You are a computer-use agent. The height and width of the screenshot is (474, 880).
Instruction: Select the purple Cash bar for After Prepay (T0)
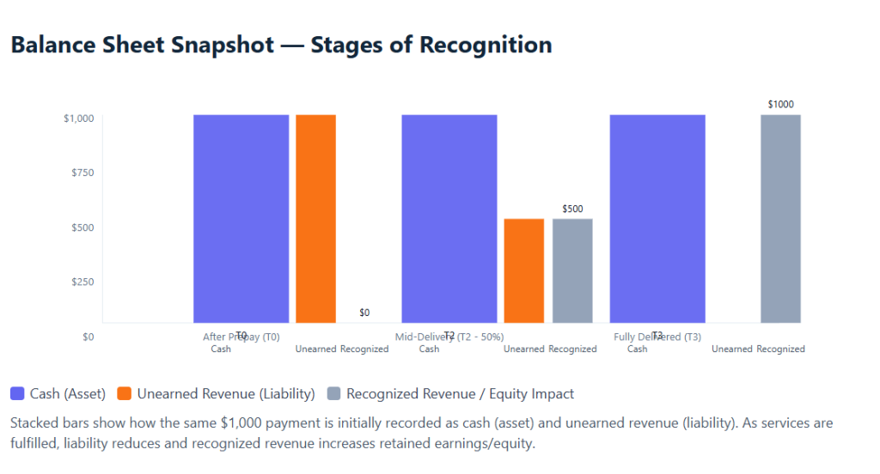tap(241, 218)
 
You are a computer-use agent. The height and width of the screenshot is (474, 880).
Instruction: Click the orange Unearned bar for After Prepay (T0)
tap(315, 218)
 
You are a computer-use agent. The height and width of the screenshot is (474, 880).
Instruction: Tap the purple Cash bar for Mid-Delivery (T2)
tap(449, 218)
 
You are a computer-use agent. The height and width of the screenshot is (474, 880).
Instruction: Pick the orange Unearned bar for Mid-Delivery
tap(523, 270)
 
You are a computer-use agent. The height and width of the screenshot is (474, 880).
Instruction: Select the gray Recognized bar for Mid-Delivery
tap(572, 270)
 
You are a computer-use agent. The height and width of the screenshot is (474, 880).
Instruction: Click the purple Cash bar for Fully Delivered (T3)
tap(657, 218)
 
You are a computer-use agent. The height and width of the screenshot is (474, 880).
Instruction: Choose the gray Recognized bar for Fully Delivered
tap(780, 218)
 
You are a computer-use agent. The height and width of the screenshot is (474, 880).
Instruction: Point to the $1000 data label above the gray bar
tap(780, 104)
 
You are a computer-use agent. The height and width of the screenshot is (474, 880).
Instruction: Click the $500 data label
tap(572, 209)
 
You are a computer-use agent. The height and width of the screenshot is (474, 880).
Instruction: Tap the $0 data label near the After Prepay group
tap(364, 313)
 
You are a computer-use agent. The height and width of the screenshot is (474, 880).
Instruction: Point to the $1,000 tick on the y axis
tap(78, 118)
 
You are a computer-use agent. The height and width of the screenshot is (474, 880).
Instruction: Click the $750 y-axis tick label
tap(82, 173)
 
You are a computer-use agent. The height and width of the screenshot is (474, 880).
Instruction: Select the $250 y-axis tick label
tap(82, 282)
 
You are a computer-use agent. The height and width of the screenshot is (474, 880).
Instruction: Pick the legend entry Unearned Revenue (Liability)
tap(216, 394)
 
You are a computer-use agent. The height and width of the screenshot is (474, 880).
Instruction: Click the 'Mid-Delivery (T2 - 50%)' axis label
tap(449, 337)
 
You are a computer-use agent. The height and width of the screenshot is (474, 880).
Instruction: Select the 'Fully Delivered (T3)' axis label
tap(657, 337)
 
